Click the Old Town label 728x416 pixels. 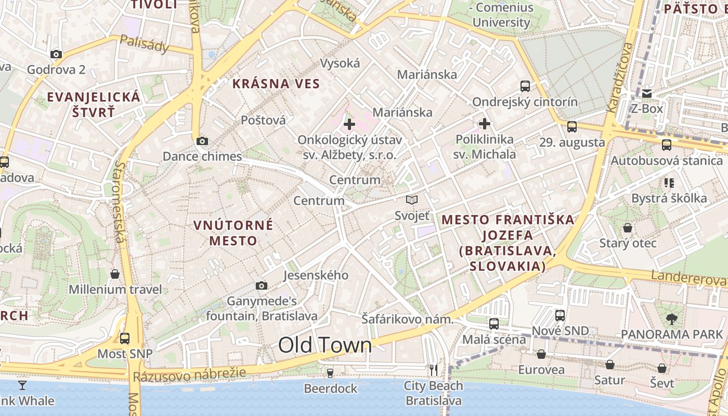point(325,345)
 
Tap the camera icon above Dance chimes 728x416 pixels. point(202,141)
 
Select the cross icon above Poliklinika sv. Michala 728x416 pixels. point(485,124)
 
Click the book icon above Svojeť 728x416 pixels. point(412,200)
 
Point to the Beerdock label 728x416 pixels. point(331,388)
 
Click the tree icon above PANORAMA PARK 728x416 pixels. point(672,319)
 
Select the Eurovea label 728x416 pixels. point(541,370)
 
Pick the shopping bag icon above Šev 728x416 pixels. point(662,368)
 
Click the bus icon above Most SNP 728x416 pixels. point(125,339)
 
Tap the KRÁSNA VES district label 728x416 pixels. point(276,84)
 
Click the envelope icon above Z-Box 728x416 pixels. point(647,94)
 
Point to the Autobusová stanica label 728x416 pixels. point(667,161)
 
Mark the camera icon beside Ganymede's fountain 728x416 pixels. point(262,285)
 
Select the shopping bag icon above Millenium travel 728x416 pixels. point(115,274)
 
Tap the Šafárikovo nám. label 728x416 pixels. point(408,319)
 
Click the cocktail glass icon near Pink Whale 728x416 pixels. point(22,385)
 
